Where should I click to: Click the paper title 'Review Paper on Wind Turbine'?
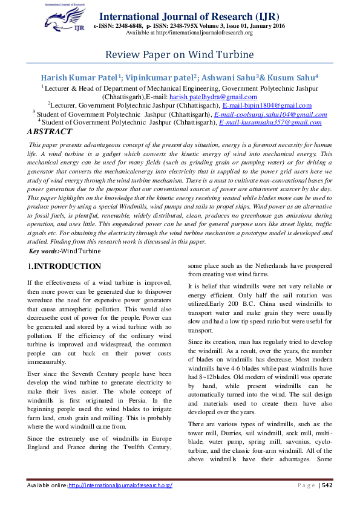(180, 55)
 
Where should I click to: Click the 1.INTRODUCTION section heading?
(64, 267)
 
